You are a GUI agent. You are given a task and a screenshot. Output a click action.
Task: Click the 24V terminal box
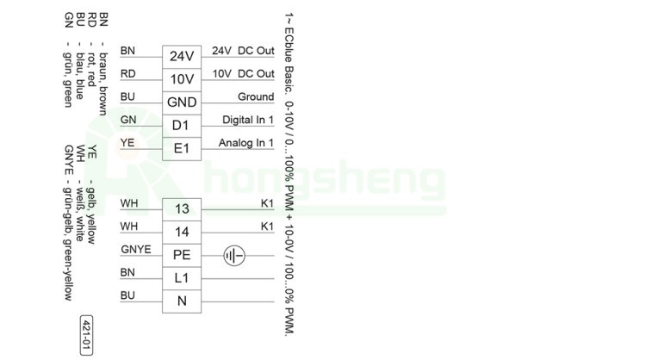tap(182, 56)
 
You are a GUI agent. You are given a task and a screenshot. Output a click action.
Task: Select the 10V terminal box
tap(182, 79)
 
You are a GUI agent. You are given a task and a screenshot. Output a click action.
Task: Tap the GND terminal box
tap(182, 102)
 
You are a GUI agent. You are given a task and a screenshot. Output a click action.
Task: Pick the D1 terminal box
tap(182, 126)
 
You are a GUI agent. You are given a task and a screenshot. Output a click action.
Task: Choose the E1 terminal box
tap(182, 149)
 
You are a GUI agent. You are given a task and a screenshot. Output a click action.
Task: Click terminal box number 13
tap(182, 209)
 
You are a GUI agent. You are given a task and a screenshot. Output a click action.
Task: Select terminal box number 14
tap(182, 233)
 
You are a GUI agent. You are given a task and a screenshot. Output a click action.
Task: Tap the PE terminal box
tap(182, 256)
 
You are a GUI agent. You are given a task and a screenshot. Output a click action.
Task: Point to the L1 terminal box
tap(182, 279)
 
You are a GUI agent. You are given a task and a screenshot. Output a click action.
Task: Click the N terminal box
tap(182, 302)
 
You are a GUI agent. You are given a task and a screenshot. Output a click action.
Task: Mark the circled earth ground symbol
tap(234, 256)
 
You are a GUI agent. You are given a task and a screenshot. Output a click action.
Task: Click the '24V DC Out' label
tap(243, 51)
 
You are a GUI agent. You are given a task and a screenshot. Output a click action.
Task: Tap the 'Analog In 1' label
tap(246, 143)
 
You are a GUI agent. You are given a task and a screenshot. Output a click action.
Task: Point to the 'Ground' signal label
tap(256, 97)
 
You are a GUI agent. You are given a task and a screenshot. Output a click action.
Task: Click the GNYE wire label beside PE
tap(136, 250)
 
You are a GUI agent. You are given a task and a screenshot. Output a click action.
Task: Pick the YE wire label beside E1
tap(127, 143)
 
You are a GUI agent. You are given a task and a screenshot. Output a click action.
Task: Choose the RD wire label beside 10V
tap(127, 74)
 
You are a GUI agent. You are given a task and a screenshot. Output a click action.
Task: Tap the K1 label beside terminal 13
tap(267, 203)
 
